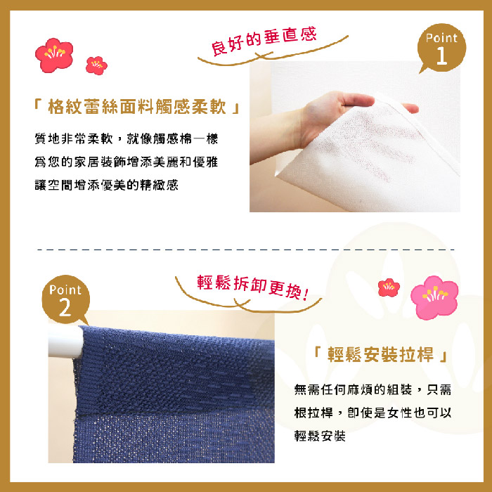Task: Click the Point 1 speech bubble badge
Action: (x=441, y=48)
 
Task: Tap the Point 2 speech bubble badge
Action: (x=65, y=299)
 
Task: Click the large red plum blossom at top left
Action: (x=54, y=56)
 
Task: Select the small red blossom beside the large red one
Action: (x=96, y=65)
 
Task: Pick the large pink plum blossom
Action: (x=434, y=297)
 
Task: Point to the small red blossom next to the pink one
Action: (x=389, y=287)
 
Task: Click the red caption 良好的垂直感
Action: (x=264, y=41)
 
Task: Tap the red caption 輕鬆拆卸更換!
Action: (x=253, y=287)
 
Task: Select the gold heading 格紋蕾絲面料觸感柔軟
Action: (x=137, y=107)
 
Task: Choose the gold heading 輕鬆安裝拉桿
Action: (x=380, y=355)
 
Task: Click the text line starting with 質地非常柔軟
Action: (x=126, y=138)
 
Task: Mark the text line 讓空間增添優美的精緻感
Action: (x=106, y=185)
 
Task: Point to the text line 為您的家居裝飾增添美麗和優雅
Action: (x=126, y=162)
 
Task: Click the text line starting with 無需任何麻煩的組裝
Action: (x=373, y=389)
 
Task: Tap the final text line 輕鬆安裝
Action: (x=320, y=436)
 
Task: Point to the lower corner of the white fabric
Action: (x=277, y=174)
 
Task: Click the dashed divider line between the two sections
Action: (x=246, y=250)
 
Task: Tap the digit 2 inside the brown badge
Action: (x=65, y=307)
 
